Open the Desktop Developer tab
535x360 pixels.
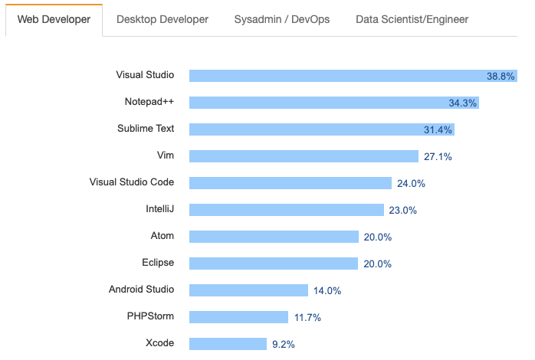162,19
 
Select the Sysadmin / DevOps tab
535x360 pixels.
282,19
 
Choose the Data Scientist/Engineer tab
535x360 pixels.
412,19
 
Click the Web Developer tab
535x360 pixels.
54,19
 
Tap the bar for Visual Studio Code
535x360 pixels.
290,183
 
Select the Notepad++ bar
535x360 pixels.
334,103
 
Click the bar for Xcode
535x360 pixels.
228,344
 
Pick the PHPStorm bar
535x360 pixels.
238,317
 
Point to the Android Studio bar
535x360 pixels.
248,290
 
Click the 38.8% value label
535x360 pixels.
501,76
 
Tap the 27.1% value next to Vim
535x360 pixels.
438,156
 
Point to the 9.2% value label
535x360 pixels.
284,344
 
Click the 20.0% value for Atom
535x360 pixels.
378,237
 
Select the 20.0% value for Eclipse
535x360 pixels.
378,263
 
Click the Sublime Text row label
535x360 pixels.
146,129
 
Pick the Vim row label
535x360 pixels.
165,155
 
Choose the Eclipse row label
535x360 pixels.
157,263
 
